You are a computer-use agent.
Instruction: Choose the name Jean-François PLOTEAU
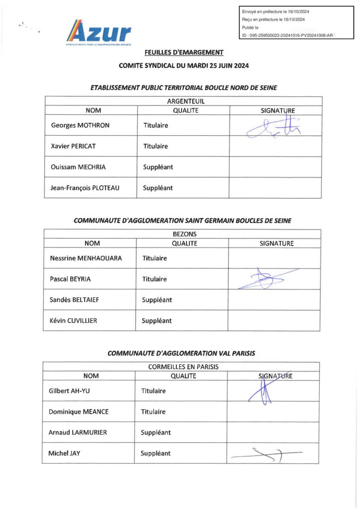tap(85, 188)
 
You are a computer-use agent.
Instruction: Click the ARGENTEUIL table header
tap(183, 101)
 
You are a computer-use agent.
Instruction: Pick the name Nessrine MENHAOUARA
tap(86, 258)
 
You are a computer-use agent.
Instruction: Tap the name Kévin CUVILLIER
tap(74, 321)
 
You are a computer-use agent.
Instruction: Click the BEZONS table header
tap(182, 234)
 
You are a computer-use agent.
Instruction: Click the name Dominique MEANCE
tap(79, 412)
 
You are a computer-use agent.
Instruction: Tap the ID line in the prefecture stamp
tap(287, 35)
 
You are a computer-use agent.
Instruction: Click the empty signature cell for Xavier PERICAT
tap(275, 146)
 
